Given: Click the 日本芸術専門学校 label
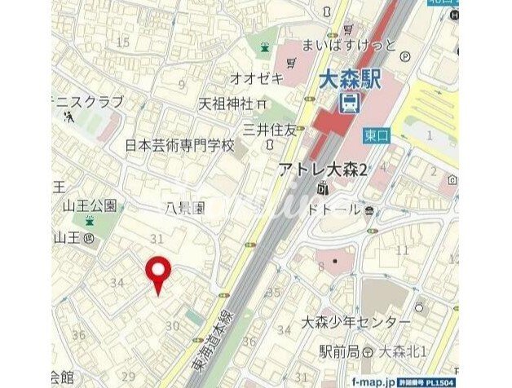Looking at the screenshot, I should coord(179,146).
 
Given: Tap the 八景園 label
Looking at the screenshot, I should coord(188,209).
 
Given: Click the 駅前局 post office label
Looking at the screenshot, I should coord(340,351).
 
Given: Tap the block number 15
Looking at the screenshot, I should coord(124,42).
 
